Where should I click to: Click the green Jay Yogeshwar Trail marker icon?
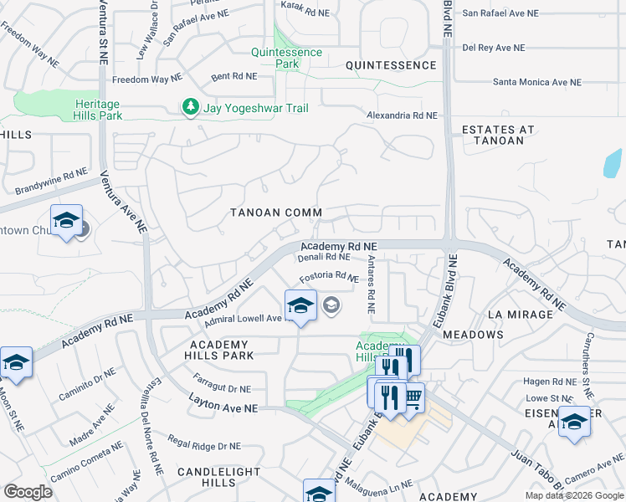tap(191, 108)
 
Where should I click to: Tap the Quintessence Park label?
tap(286, 58)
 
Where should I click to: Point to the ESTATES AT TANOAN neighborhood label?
tap(497, 135)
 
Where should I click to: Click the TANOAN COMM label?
tap(276, 213)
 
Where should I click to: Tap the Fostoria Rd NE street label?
tap(329, 275)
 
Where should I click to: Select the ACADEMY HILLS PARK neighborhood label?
tap(219, 350)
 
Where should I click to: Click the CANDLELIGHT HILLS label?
tap(218, 478)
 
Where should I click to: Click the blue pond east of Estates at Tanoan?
tap(613, 163)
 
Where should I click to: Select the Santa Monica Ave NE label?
tap(536, 82)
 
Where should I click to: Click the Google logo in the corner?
tap(28, 492)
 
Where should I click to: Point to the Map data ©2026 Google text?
tap(573, 495)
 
